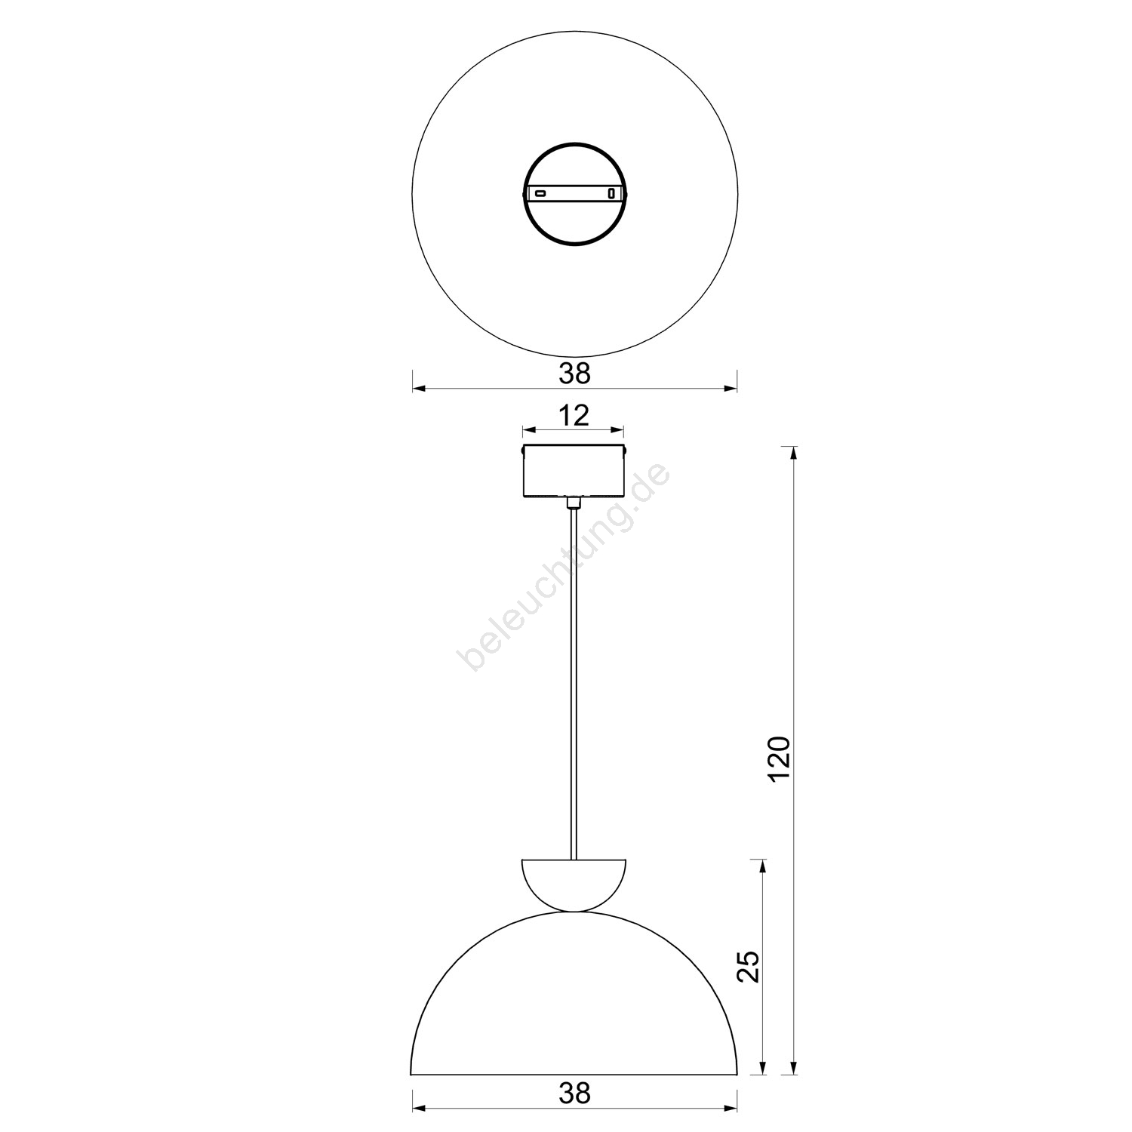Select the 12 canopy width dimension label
pos(574,415)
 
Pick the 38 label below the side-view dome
pos(574,1093)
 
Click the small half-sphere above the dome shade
pos(574,884)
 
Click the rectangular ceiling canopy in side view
pos(574,472)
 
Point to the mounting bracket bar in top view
pos(574,194)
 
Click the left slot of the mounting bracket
pos(540,194)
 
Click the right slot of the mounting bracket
pos(611,194)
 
